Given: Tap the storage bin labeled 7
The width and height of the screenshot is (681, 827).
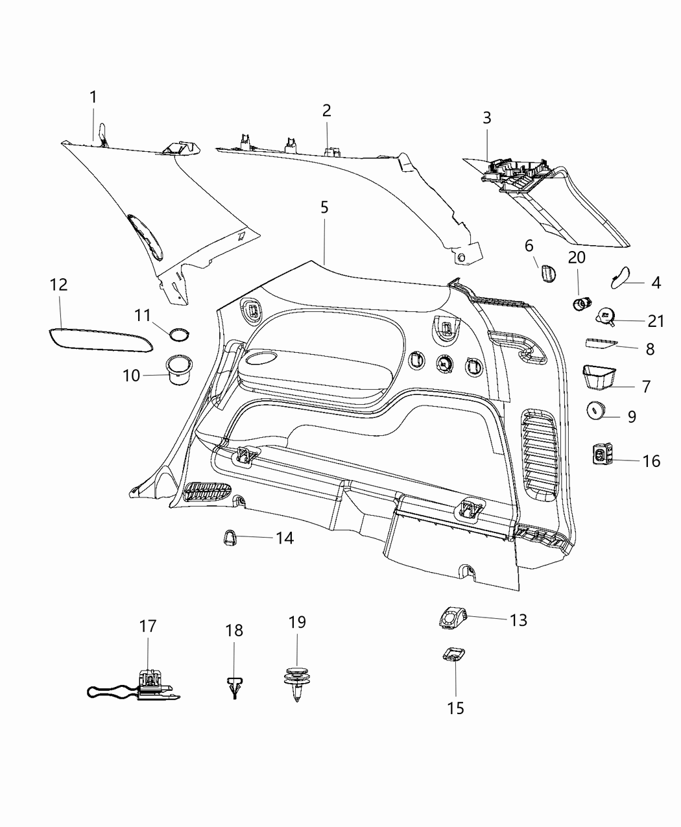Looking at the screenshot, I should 599,377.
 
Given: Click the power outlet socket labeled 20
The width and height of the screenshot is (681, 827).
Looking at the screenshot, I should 583,303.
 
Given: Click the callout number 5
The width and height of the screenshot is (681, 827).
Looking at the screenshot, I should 324,207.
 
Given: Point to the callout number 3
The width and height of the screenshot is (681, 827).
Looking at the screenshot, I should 486,118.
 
